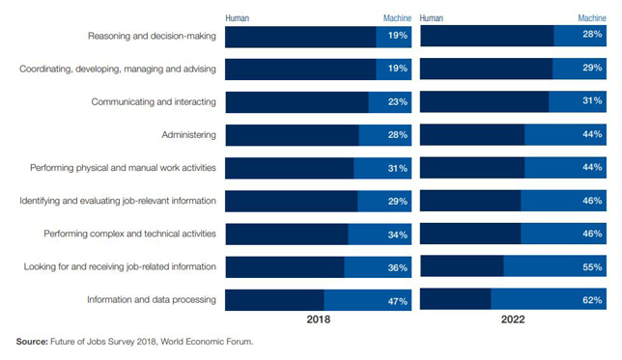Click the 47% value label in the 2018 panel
pyautogui.click(x=397, y=301)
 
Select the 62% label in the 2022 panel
pyautogui.click(x=592, y=301)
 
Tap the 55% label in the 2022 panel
pyautogui.click(x=592, y=267)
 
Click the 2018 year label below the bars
pyautogui.click(x=319, y=319)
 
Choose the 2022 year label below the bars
pyautogui.click(x=512, y=319)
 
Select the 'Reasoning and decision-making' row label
pyautogui.click(x=152, y=37)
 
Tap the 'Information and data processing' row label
pyautogui.click(x=152, y=300)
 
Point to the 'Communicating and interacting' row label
pyautogui.click(x=154, y=102)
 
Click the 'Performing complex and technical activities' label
pyautogui.click(x=130, y=235)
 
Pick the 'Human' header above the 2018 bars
pyautogui.click(x=237, y=17)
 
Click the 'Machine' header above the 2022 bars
pyautogui.click(x=589, y=17)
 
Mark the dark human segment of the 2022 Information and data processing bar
pyautogui.click(x=455, y=300)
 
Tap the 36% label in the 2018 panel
pyautogui.click(x=397, y=267)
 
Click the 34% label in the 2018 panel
pyautogui.click(x=397, y=235)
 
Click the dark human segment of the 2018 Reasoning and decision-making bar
pyautogui.click(x=299, y=37)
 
